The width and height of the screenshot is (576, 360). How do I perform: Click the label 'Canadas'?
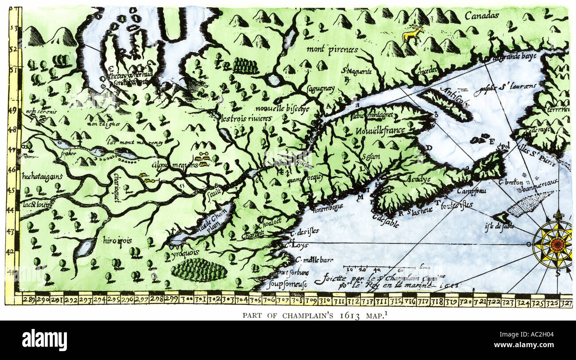(x=482, y=16)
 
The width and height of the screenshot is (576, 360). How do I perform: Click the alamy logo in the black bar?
(x=45, y=340)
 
